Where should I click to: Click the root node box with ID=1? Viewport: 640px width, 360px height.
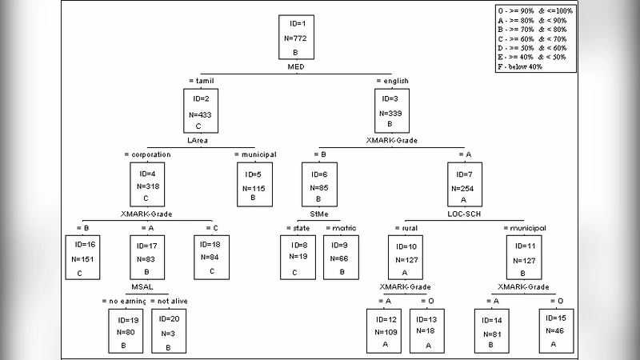295,37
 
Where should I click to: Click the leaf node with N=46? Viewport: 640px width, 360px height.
556,329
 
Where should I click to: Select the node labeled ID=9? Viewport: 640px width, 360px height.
342,258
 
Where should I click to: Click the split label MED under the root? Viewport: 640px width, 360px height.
295,67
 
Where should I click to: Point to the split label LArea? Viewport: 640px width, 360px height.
198,140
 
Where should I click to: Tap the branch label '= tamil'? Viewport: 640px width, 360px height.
202,81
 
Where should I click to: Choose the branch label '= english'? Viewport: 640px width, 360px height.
392,81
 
